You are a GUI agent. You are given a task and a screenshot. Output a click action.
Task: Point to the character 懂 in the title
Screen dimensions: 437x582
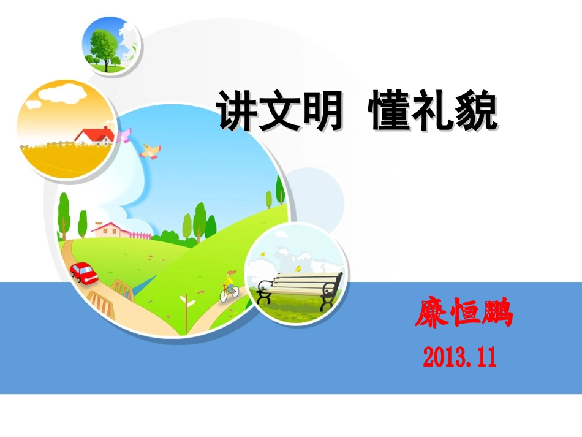391,112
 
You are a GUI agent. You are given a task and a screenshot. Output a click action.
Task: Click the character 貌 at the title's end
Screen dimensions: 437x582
476,112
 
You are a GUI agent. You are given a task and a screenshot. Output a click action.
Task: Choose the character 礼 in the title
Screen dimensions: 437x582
434,112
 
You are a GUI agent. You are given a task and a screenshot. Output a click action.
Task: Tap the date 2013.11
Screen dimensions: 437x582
459,355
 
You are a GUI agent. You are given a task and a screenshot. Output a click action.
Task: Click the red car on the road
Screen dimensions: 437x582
84,272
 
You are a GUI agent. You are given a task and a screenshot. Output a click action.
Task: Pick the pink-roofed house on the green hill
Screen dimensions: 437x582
112,229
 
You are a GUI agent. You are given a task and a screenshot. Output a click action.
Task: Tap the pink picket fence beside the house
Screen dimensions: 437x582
141,235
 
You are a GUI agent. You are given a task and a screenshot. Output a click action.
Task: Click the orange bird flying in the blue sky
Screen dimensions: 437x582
150,150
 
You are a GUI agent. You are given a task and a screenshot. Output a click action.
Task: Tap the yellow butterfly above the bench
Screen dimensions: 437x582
298,268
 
